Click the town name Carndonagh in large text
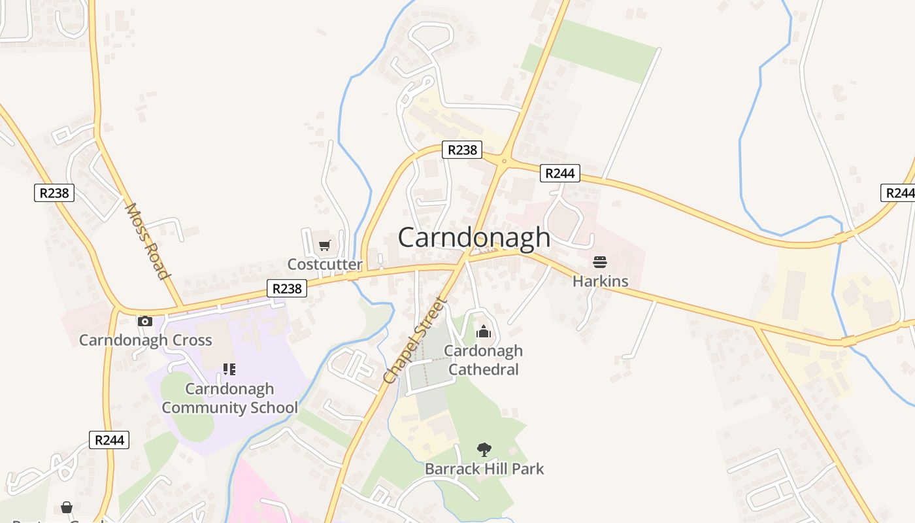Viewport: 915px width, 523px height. [474, 237]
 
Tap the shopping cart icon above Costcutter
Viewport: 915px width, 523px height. [325, 246]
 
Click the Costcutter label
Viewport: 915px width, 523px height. [325, 264]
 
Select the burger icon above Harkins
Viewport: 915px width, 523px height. [600, 263]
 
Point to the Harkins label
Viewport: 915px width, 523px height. [600, 281]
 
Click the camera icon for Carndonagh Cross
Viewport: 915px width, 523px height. [145, 321]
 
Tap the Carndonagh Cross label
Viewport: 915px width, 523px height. [145, 340]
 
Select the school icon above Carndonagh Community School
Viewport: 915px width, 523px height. [229, 369]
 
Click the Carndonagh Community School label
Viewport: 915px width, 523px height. [229, 398]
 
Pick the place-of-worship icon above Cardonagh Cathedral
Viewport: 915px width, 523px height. [484, 332]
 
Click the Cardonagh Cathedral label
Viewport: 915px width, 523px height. [484, 360]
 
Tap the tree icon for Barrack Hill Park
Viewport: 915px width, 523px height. [484, 450]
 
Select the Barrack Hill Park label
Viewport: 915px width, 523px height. [484, 469]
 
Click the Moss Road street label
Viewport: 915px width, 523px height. [147, 241]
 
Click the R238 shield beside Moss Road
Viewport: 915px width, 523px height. [54, 193]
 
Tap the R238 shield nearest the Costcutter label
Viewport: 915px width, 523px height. [287, 288]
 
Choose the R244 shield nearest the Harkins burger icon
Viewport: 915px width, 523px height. [560, 173]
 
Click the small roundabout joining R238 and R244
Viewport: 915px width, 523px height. [505, 160]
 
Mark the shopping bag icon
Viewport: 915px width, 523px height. [67, 507]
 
